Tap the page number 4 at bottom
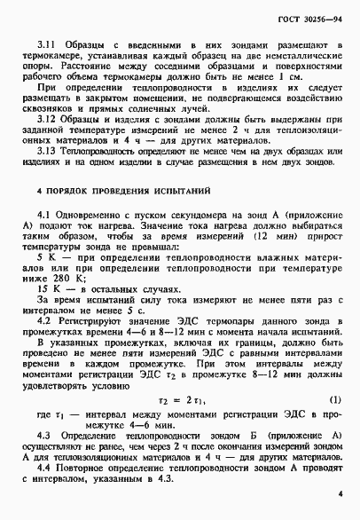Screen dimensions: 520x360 point(340,492)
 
